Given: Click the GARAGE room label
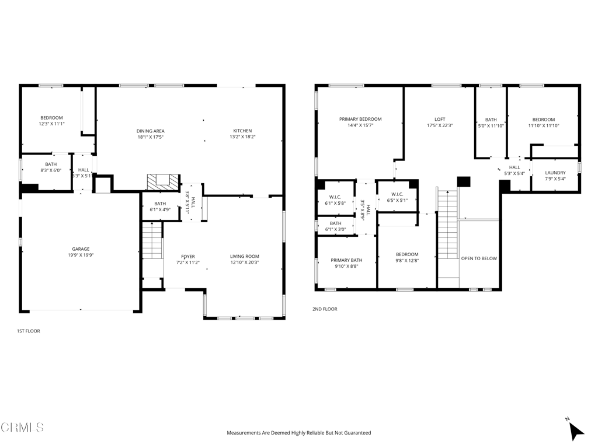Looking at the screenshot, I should click(x=81, y=249).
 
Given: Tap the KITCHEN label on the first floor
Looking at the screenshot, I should click(x=242, y=131).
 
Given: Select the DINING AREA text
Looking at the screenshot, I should click(x=150, y=131).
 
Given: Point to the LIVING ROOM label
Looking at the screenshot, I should click(x=244, y=256).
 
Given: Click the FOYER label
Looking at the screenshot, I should click(x=188, y=256).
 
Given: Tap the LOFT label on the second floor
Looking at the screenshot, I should click(x=440, y=119).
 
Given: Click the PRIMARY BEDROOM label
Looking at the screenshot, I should click(x=360, y=119).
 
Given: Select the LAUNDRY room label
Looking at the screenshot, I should click(x=555, y=173).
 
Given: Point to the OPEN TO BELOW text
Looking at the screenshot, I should click(x=479, y=258).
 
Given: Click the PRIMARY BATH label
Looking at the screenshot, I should click(x=346, y=260).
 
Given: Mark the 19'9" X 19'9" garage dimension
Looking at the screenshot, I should click(x=81, y=256).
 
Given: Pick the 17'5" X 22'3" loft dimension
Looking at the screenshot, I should click(x=440, y=125).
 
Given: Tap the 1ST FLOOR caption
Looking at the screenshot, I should click(x=28, y=331).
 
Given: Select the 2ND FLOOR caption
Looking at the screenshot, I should click(x=325, y=309).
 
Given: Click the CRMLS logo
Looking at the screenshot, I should click(x=22, y=428).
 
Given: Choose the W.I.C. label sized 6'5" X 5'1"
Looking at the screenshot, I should click(x=397, y=194).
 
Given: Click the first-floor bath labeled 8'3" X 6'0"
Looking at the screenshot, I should click(x=51, y=164).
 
